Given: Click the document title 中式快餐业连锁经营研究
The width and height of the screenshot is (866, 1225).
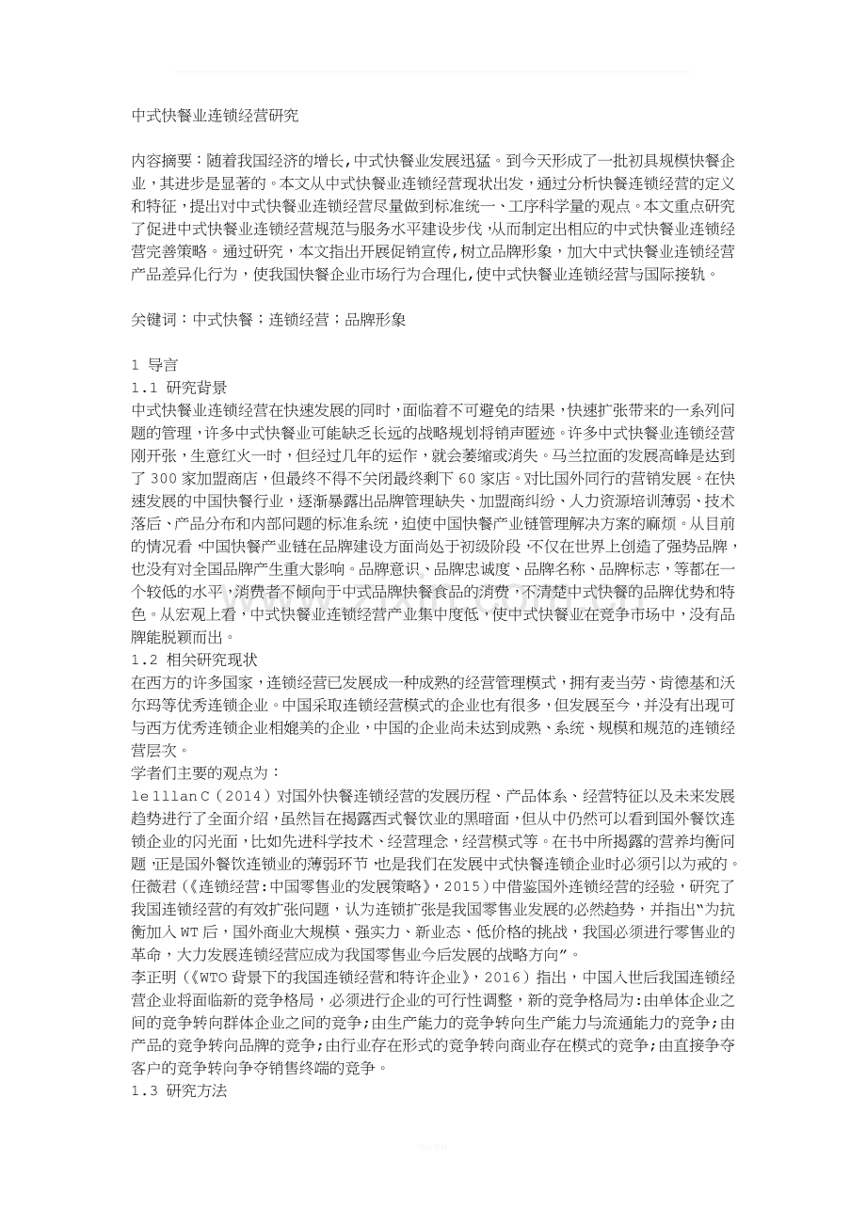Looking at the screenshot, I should pyautogui.click(x=215, y=117).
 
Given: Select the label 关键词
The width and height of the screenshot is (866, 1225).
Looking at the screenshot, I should pyautogui.click(x=154, y=319).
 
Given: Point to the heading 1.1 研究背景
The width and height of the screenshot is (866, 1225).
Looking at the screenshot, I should pyautogui.click(x=179, y=387).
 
